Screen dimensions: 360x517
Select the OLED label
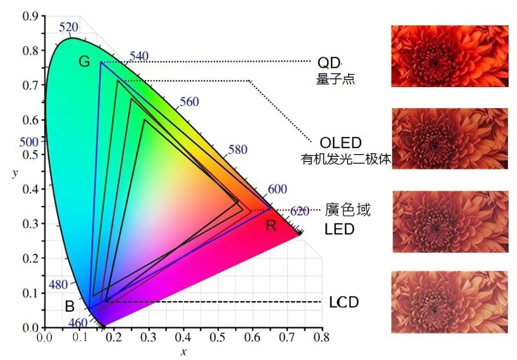(340, 143)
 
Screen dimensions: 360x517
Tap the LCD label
(344, 302)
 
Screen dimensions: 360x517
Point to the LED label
(339, 229)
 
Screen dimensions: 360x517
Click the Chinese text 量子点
(335, 79)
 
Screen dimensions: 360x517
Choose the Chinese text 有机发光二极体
(345, 159)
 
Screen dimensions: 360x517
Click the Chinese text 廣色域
(348, 210)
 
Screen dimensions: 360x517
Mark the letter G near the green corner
(84, 62)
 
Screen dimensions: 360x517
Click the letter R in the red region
(271, 225)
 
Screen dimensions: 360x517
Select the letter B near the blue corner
(70, 307)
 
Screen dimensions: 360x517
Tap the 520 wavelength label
(68, 27)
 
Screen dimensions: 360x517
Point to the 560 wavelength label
(189, 102)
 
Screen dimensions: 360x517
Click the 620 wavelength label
(299, 211)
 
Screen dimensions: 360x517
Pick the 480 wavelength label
(58, 284)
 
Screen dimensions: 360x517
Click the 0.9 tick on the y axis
(31, 17)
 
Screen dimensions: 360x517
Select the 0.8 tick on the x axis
(321, 337)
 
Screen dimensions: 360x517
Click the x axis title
(183, 352)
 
